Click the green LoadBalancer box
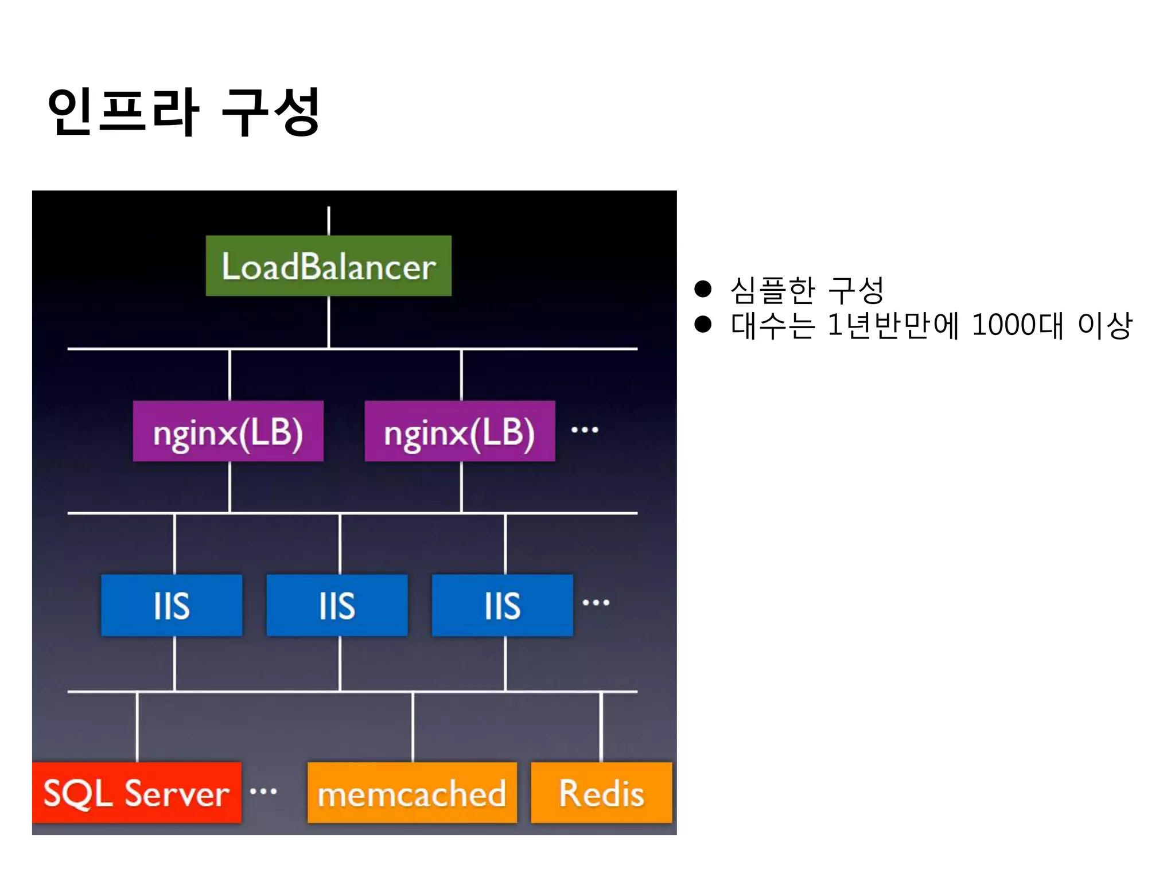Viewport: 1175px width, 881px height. point(328,266)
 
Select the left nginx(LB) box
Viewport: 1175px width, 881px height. point(228,431)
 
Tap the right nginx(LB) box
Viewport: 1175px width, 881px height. point(460,431)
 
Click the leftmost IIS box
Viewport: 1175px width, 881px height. point(172,605)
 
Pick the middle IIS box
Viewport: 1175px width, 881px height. point(337,605)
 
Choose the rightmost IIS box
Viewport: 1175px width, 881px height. point(502,605)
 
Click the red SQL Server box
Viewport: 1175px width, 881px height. point(137,793)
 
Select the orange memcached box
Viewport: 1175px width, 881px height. point(412,793)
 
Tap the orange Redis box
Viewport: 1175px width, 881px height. point(601,793)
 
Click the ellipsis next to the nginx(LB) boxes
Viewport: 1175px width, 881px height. point(585,430)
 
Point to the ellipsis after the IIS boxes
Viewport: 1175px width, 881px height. point(596,602)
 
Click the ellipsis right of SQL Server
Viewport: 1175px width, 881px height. point(263,792)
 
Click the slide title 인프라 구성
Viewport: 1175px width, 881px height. point(184,112)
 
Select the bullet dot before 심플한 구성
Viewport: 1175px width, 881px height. point(703,289)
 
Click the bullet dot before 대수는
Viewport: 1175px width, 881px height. point(703,325)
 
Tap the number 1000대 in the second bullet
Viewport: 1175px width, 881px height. point(1017,325)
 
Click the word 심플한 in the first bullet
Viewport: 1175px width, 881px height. point(773,290)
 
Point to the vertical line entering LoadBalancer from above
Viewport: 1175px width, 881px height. point(329,221)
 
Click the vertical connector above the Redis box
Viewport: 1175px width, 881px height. point(601,727)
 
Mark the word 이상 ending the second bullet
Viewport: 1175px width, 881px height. point(1105,325)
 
